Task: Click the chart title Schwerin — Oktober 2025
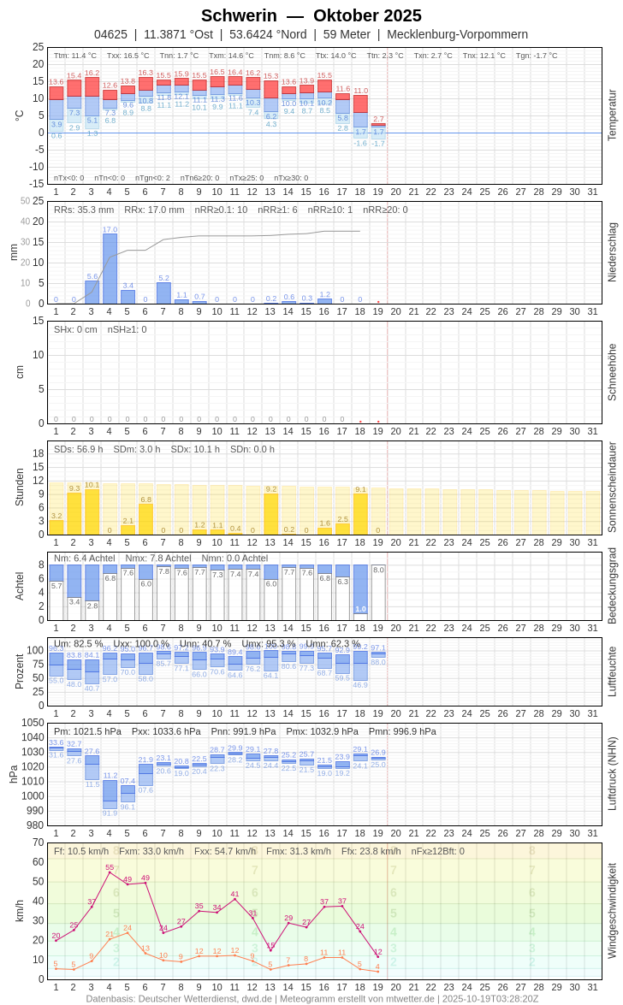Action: (x=311, y=15)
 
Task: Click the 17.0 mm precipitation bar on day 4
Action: (x=110, y=269)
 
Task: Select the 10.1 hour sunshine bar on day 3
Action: (x=92, y=511)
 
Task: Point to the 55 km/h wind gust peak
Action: (x=110, y=872)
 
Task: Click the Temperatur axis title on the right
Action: (x=612, y=115)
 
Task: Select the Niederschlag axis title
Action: (x=612, y=252)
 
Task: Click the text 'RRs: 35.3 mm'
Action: (x=84, y=210)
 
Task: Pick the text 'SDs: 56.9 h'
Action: (x=79, y=449)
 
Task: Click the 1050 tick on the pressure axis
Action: (x=33, y=723)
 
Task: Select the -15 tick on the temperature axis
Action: (x=37, y=184)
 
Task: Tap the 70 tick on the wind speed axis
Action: (x=38, y=842)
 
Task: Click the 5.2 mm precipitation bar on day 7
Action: (x=163, y=293)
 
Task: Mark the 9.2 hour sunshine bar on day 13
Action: (x=270, y=514)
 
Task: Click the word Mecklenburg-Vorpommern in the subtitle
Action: (x=457, y=34)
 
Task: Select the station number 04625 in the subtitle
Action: (x=110, y=34)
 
